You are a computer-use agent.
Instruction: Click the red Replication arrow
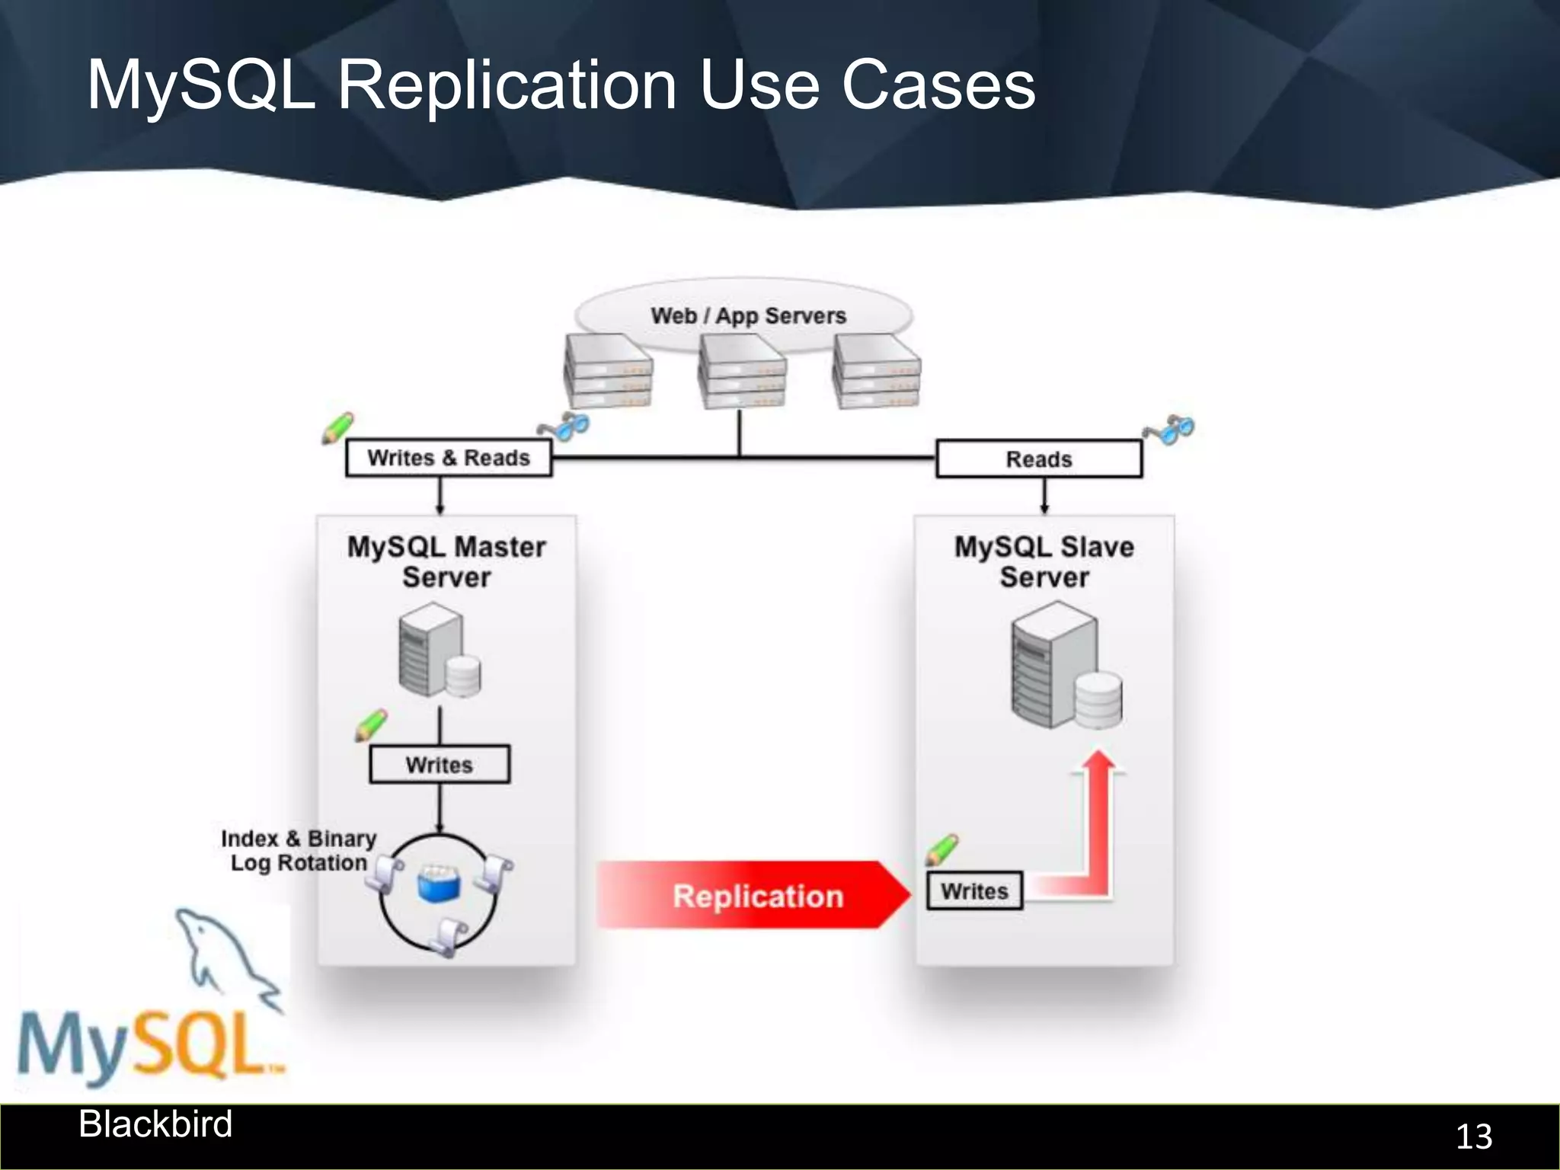754,895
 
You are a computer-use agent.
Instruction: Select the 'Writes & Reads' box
449,458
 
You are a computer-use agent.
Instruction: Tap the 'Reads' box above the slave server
1039,459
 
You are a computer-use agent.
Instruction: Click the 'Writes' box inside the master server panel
440,764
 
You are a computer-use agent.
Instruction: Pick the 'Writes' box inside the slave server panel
974,890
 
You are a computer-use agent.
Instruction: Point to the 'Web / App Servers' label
748,315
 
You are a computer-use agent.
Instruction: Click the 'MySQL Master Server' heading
446,561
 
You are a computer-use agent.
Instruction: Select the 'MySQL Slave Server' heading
1044,561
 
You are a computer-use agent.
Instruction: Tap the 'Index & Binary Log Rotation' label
299,850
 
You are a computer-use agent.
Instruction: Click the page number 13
1473,1136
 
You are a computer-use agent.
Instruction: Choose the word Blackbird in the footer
155,1124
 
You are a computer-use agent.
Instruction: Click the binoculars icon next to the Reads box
1170,430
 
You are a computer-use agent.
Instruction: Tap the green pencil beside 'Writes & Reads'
337,427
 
